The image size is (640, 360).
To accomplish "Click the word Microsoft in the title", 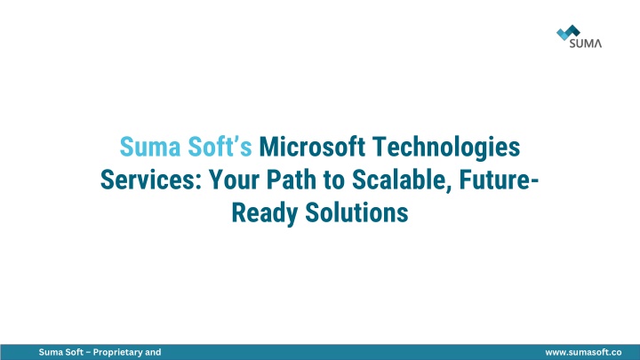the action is [x=312, y=147].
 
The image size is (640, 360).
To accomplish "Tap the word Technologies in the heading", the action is [x=446, y=148].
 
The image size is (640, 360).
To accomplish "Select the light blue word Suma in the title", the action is [x=150, y=147].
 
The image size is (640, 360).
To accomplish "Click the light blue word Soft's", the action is [x=220, y=147].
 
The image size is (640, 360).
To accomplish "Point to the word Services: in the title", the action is [x=151, y=180].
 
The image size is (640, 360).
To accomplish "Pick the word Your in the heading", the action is [x=235, y=180].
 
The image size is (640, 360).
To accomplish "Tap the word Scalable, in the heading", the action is [x=402, y=180].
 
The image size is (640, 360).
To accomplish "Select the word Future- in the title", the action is [x=500, y=180].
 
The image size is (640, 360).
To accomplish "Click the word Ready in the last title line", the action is [x=265, y=213].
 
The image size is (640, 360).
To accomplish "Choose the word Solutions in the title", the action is [x=356, y=212].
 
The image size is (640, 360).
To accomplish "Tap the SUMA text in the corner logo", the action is [x=585, y=44].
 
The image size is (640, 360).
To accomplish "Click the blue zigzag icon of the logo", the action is [x=568, y=32].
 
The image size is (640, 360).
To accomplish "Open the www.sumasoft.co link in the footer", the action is [x=583, y=352].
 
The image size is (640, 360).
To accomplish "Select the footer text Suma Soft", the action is [x=60, y=352].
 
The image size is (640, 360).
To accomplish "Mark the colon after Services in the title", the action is [x=199, y=183].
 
